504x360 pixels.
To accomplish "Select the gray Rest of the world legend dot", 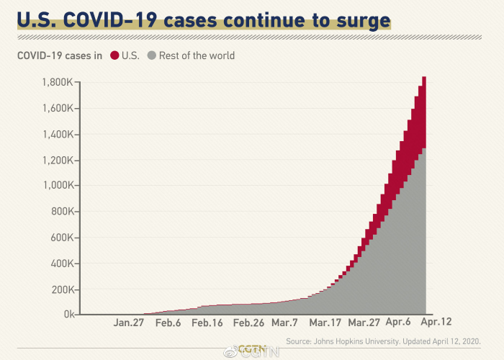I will pos(151,55).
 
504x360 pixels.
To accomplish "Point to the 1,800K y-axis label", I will pos(58,82).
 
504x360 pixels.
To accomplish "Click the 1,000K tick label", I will pos(58,186).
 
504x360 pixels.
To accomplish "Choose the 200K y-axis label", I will pos(60,289).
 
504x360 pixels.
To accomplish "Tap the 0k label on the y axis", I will pos(69,315).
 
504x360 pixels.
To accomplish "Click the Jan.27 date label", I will pos(129,323).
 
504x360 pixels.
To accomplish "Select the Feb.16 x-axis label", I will pos(207,323).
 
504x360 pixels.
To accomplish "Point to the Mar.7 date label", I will pos(285,323).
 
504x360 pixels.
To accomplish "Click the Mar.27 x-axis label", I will pos(364,323).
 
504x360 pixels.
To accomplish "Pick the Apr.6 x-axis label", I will pos(399,323).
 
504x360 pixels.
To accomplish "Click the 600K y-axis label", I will pos(60,238).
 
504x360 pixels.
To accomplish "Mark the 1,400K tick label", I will pos(58,134).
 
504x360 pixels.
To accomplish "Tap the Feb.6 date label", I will pos(168,323).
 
